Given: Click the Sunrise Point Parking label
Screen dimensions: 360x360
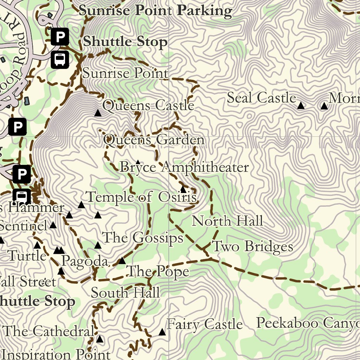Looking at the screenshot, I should [x=155, y=10].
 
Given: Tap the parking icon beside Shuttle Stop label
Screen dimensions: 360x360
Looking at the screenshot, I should [x=60, y=37].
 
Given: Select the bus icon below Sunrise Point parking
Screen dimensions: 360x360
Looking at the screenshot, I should [x=60, y=59].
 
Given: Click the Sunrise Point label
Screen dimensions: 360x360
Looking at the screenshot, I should [x=125, y=73].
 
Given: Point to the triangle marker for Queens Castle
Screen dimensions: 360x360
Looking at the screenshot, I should [x=98, y=113].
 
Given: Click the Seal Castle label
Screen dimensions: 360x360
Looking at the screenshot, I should [x=261, y=98].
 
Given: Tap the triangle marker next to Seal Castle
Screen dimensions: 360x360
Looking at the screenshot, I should [x=301, y=105].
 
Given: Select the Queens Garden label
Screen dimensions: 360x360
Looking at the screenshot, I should [x=154, y=140].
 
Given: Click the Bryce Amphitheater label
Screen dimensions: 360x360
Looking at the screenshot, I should [x=184, y=167].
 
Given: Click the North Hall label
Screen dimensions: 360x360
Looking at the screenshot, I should [x=227, y=221].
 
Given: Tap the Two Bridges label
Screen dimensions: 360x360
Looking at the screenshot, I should [x=252, y=246].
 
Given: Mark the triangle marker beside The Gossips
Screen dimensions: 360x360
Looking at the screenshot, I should [x=98, y=245].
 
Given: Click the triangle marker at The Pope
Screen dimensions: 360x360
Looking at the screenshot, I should [x=122, y=261].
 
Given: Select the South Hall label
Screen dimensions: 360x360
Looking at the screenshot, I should [x=125, y=293].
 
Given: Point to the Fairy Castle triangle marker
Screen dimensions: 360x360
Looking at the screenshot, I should [x=162, y=332].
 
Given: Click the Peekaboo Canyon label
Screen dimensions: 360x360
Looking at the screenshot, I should [x=308, y=323].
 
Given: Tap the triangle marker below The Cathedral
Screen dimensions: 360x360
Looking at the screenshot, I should [x=100, y=339].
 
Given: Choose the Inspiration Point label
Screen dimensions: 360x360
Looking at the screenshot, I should [x=56, y=354].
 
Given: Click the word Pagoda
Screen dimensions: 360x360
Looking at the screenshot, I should [x=84, y=261].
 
